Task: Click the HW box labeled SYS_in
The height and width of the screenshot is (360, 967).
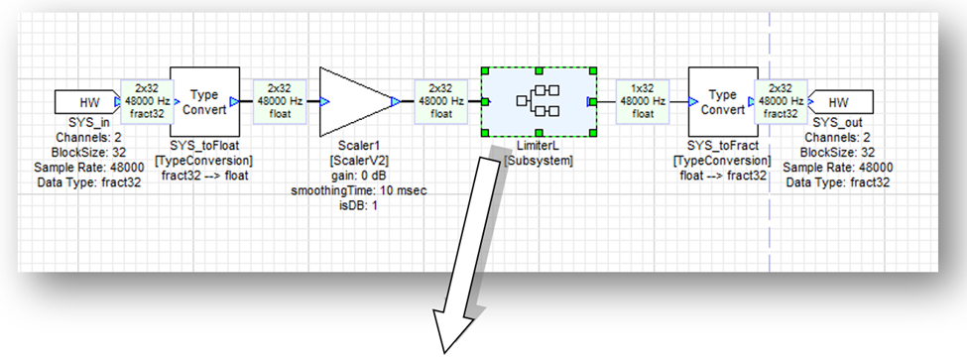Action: click(x=85, y=101)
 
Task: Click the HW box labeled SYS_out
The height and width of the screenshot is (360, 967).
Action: click(x=839, y=101)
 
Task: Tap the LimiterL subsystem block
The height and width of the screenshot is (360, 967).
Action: click(x=537, y=101)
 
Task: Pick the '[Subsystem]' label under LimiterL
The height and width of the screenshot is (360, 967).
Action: click(x=536, y=161)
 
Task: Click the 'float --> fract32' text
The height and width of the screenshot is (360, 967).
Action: click(x=719, y=175)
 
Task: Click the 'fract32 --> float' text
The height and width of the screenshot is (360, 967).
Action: click(x=203, y=175)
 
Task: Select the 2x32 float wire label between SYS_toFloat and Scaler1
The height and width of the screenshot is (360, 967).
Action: click(x=280, y=101)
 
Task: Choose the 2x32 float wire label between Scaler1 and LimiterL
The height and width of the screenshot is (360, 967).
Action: click(x=438, y=101)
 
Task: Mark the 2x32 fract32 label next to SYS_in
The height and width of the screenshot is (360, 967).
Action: click(x=144, y=101)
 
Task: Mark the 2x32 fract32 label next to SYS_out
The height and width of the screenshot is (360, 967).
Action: click(x=780, y=101)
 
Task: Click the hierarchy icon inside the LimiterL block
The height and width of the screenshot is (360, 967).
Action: click(x=537, y=101)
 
